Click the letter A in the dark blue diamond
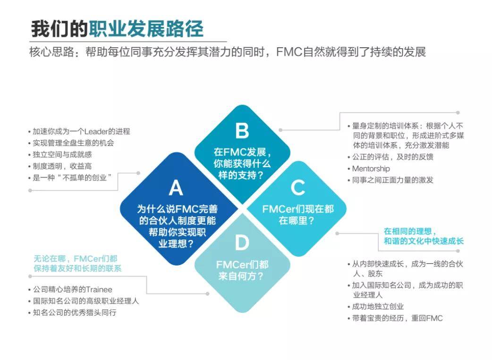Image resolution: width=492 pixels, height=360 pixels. point(176,188)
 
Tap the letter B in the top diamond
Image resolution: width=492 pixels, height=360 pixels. point(242,130)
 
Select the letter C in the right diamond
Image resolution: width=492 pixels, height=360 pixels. point(297,188)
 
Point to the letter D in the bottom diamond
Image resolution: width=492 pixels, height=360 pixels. point(242,243)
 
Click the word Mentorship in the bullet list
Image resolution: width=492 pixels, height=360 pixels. point(371,169)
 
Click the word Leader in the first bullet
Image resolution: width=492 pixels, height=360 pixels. point(96,131)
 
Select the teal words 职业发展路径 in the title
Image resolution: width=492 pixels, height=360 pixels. point(146,29)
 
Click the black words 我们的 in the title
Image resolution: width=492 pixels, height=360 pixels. point(59,29)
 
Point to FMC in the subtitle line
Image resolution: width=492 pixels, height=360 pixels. point(289,52)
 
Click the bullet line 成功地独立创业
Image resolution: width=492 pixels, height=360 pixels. point(378,307)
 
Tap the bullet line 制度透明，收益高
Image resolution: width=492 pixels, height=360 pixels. point(62,166)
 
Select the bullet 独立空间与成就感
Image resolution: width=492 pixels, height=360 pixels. point(62,155)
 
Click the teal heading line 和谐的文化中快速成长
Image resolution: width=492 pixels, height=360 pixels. point(424,241)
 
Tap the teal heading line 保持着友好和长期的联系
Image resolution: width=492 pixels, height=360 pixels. point(77,269)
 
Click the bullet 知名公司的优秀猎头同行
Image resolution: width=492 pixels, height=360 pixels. point(75,313)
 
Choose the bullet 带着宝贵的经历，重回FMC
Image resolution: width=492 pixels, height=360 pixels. point(397,318)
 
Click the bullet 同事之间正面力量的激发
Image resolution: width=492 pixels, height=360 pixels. point(392,180)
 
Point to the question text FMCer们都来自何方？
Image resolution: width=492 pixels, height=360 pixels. point(242,270)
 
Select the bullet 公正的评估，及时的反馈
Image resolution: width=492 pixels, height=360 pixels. point(392,157)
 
